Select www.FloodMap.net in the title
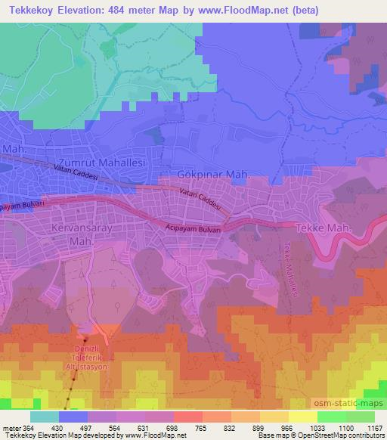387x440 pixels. click(x=240, y=11)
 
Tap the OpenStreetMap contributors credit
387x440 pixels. click(x=346, y=436)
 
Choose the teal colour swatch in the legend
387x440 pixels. click(x=45, y=417)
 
